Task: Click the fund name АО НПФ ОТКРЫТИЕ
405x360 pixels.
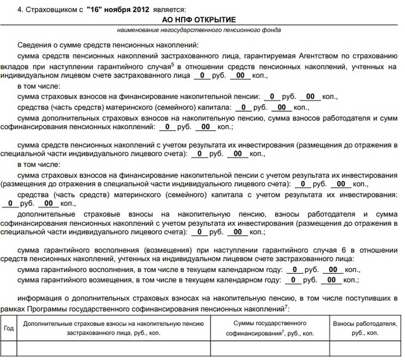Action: [x=203, y=20]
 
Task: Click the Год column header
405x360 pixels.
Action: [x=9, y=328]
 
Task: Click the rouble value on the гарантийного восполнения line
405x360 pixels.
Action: [x=294, y=270]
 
